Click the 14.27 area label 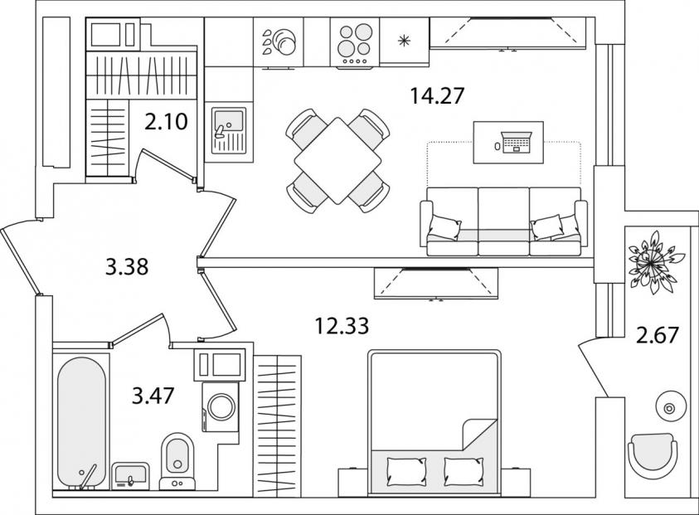(x=437, y=96)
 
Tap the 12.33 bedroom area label (x=342, y=326)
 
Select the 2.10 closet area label (x=166, y=122)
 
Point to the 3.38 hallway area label (x=127, y=268)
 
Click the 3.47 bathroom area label (x=153, y=396)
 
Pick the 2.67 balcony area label (x=657, y=335)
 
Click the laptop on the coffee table (x=517, y=143)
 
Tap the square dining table (x=337, y=161)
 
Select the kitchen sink (x=229, y=130)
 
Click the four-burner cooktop (x=355, y=44)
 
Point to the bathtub (x=81, y=423)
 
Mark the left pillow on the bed (x=406, y=472)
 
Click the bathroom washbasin (x=130, y=476)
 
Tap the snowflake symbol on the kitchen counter (x=404, y=41)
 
